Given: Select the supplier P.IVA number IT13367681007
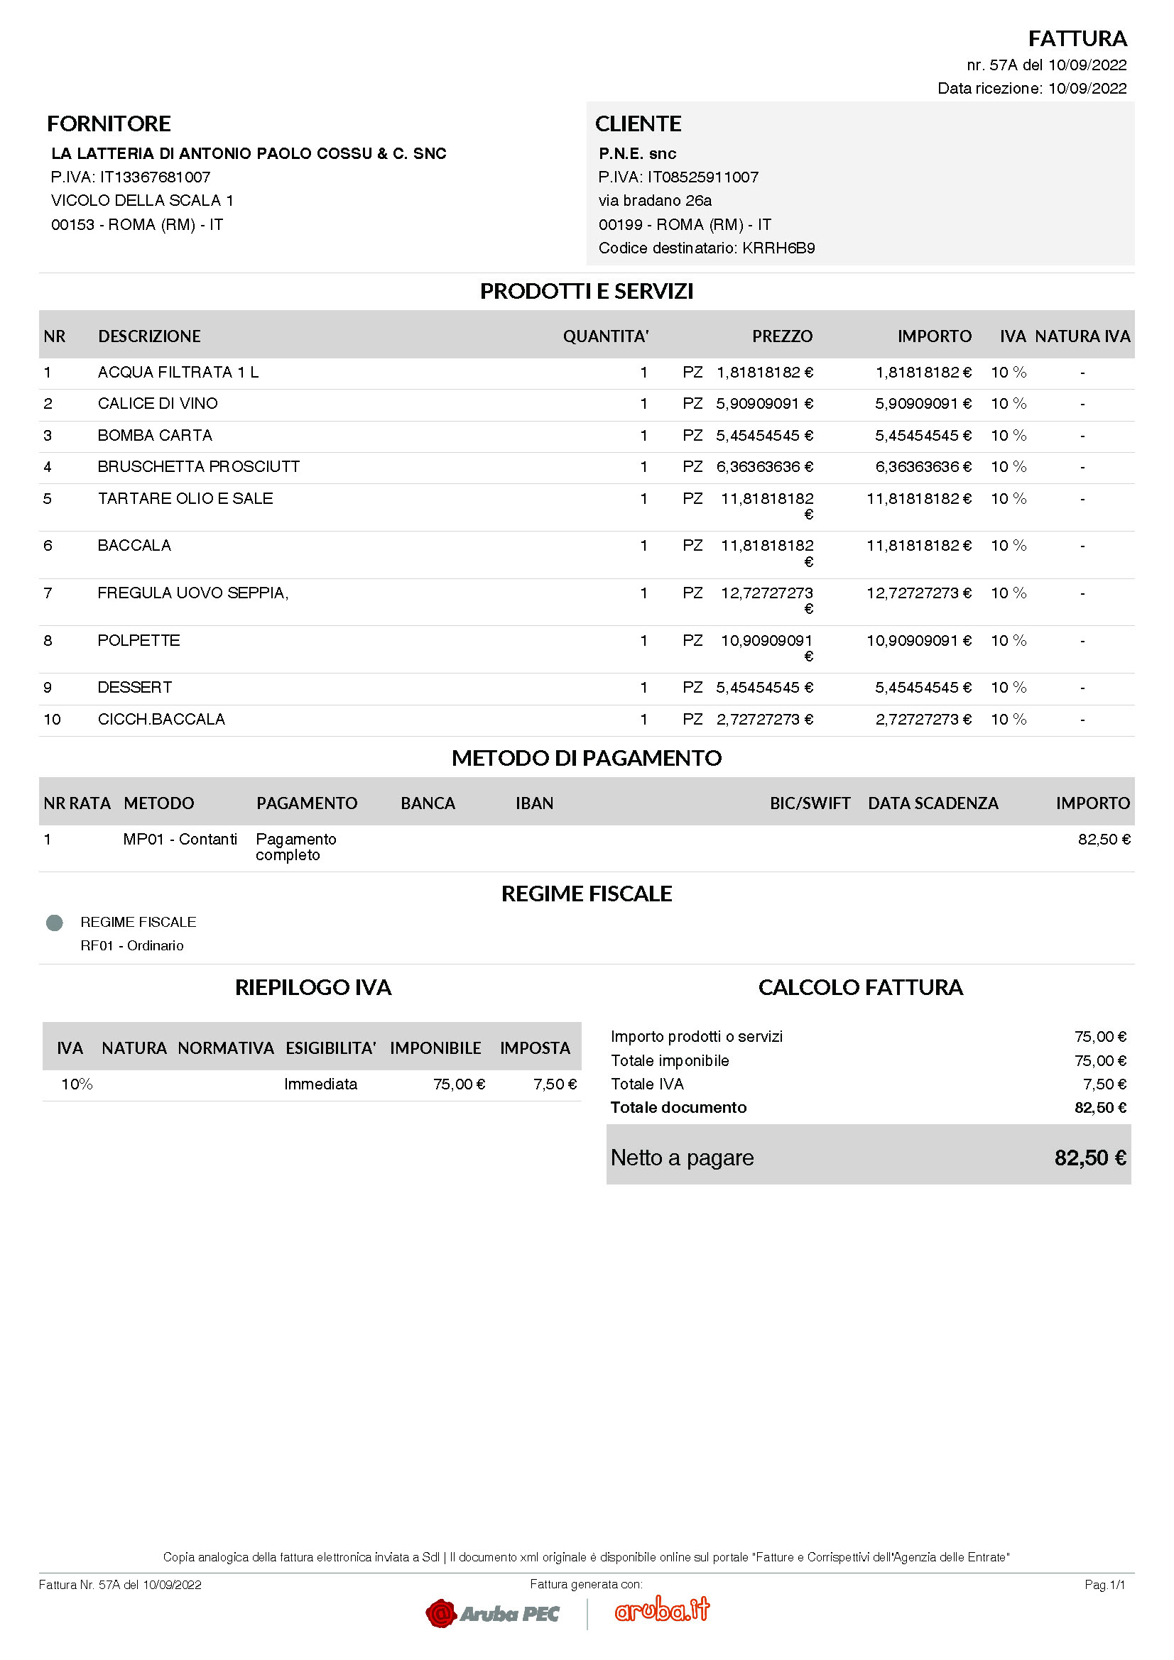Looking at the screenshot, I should tap(131, 177).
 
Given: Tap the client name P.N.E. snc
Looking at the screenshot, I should tap(636, 153).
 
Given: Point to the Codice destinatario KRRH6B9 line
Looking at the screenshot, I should tap(706, 248).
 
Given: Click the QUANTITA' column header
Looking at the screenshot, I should tap(605, 336).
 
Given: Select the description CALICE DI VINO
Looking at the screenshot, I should tap(158, 403).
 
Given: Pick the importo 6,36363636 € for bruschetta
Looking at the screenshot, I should tap(923, 467).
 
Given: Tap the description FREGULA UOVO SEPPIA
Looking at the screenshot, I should tap(193, 593).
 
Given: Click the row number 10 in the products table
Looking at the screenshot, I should tap(52, 720).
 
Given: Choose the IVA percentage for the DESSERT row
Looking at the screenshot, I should tap(1009, 688).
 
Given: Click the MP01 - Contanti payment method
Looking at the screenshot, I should tap(180, 840).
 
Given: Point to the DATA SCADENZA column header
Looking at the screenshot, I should tap(933, 803).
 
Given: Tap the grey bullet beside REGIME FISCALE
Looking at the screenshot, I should tap(54, 923).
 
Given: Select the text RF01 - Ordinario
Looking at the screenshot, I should tap(131, 945).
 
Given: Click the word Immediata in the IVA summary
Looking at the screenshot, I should tap(320, 1084).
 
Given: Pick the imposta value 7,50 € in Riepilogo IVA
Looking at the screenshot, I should tap(555, 1084).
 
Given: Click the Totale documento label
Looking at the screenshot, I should tap(678, 1108).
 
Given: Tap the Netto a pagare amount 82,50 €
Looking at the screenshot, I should tap(1089, 1158).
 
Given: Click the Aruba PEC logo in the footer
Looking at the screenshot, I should tap(493, 1613).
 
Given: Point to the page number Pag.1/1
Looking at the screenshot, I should tap(1104, 1585).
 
